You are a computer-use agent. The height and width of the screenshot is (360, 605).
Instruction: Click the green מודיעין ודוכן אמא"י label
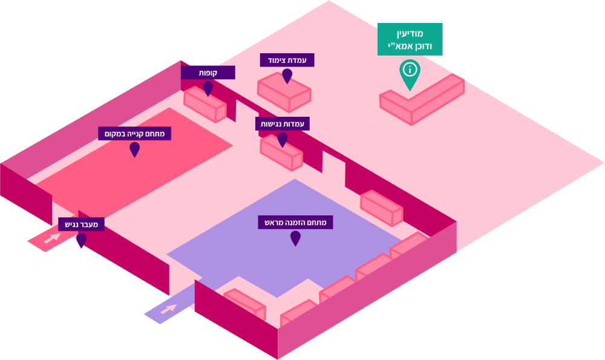(x=410, y=39)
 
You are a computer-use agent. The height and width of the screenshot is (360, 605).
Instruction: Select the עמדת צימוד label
(x=287, y=60)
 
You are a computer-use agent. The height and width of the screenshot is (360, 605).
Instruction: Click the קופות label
(x=208, y=73)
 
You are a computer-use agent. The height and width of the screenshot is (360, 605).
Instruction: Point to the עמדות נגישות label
(x=282, y=123)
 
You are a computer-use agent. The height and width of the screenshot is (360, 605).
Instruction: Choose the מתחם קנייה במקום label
(x=134, y=133)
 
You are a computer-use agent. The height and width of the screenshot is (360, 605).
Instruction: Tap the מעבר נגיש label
(x=81, y=224)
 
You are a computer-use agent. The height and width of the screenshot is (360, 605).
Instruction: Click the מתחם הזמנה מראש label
(x=295, y=223)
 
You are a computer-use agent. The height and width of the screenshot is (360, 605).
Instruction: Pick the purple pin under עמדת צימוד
(x=287, y=76)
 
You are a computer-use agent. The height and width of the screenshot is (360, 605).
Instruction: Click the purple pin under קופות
(x=208, y=88)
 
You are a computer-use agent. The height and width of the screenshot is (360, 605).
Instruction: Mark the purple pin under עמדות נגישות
(x=282, y=139)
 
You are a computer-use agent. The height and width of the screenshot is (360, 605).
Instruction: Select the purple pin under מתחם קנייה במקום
(x=134, y=149)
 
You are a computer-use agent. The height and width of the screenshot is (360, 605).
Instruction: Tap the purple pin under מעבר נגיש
(x=81, y=240)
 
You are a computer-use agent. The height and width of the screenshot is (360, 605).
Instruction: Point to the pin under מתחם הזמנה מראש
(x=295, y=238)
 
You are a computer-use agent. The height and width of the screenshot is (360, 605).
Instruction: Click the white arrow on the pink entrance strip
(x=52, y=238)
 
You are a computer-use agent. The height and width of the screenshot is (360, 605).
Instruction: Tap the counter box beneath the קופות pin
(x=205, y=104)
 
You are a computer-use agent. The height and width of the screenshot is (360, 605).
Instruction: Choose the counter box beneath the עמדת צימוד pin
(x=284, y=92)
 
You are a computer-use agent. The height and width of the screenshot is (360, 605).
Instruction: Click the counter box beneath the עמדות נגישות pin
(x=281, y=152)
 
